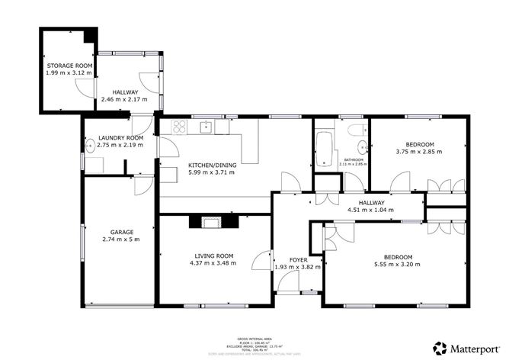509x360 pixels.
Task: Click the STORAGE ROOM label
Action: pos(69,66)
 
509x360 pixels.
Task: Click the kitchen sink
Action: pos(206,127)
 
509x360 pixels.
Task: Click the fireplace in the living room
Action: pos(210,222)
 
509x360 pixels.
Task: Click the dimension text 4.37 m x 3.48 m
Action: pos(212,264)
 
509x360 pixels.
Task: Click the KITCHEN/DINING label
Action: pos(211,166)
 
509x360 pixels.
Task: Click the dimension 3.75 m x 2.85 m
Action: pos(418,152)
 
